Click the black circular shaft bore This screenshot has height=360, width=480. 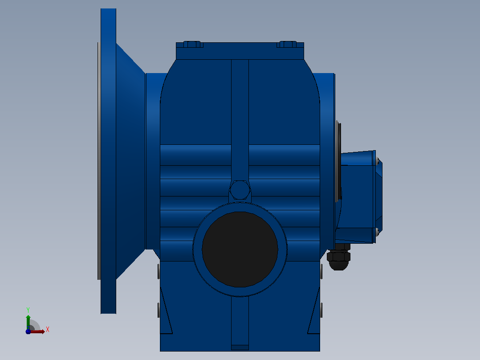click(x=240, y=250)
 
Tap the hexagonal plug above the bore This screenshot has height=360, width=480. click(x=240, y=190)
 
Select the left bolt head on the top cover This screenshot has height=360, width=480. click(x=192, y=45)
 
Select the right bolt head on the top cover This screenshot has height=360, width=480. click(x=288, y=45)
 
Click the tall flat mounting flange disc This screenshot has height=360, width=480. click(x=108, y=161)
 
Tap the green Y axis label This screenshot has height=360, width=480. click(x=28, y=310)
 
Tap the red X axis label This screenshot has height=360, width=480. click(x=48, y=330)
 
